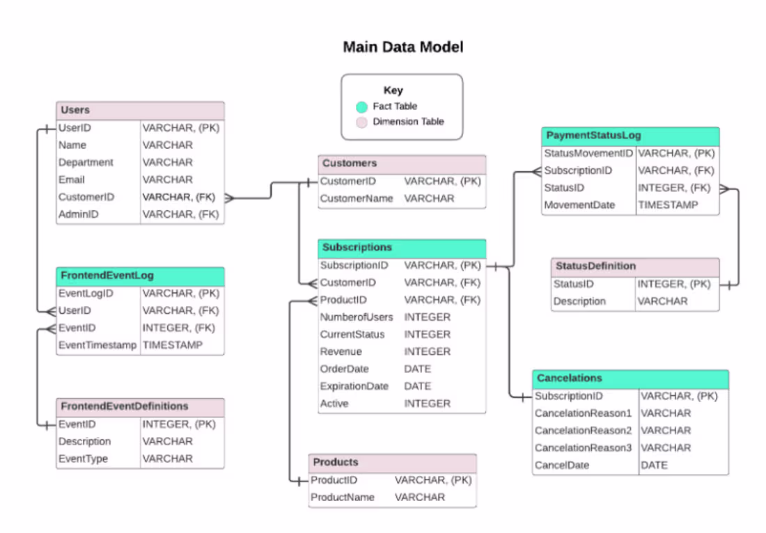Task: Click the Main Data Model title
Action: (402, 47)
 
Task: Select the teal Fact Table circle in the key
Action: (361, 106)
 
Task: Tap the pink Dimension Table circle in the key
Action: (361, 122)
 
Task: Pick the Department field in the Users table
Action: (86, 162)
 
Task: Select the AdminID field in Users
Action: (78, 214)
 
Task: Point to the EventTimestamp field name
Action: (97, 345)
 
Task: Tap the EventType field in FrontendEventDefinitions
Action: (83, 459)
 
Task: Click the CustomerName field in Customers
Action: (357, 198)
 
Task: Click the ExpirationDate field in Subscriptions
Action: (354, 386)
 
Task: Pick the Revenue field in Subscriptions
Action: (341, 351)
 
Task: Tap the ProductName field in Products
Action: (342, 497)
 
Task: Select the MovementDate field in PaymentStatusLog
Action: (579, 205)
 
